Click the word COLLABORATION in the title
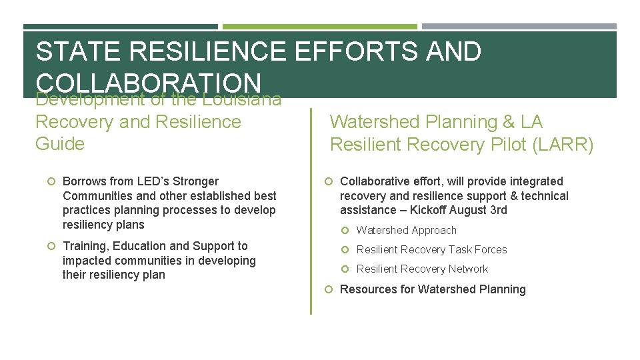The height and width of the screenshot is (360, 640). [148, 83]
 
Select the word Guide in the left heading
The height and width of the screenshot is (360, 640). [60, 144]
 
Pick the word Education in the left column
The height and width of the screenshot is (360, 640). [139, 247]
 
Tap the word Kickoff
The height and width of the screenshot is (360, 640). [431, 211]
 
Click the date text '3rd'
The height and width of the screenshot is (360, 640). [497, 211]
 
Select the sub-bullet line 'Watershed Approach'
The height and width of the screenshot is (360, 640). [406, 231]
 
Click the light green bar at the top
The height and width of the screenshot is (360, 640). [319, 27]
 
